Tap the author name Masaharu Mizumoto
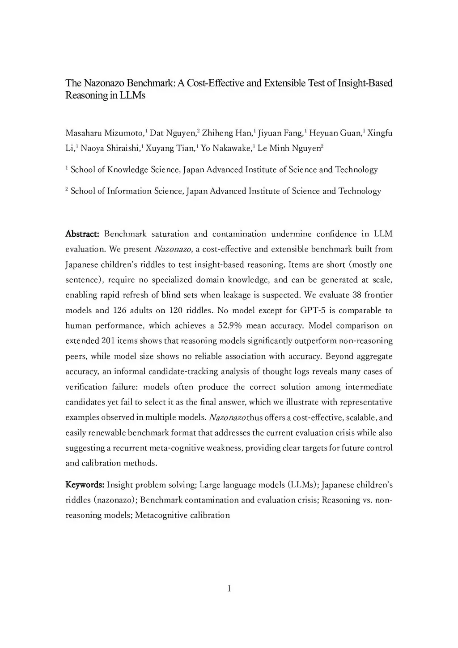(x=105, y=133)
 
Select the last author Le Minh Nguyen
(x=289, y=148)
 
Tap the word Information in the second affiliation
(x=130, y=191)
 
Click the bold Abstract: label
(x=82, y=234)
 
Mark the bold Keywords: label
(x=85, y=485)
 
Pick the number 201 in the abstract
(x=108, y=341)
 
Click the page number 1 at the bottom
(x=229, y=589)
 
